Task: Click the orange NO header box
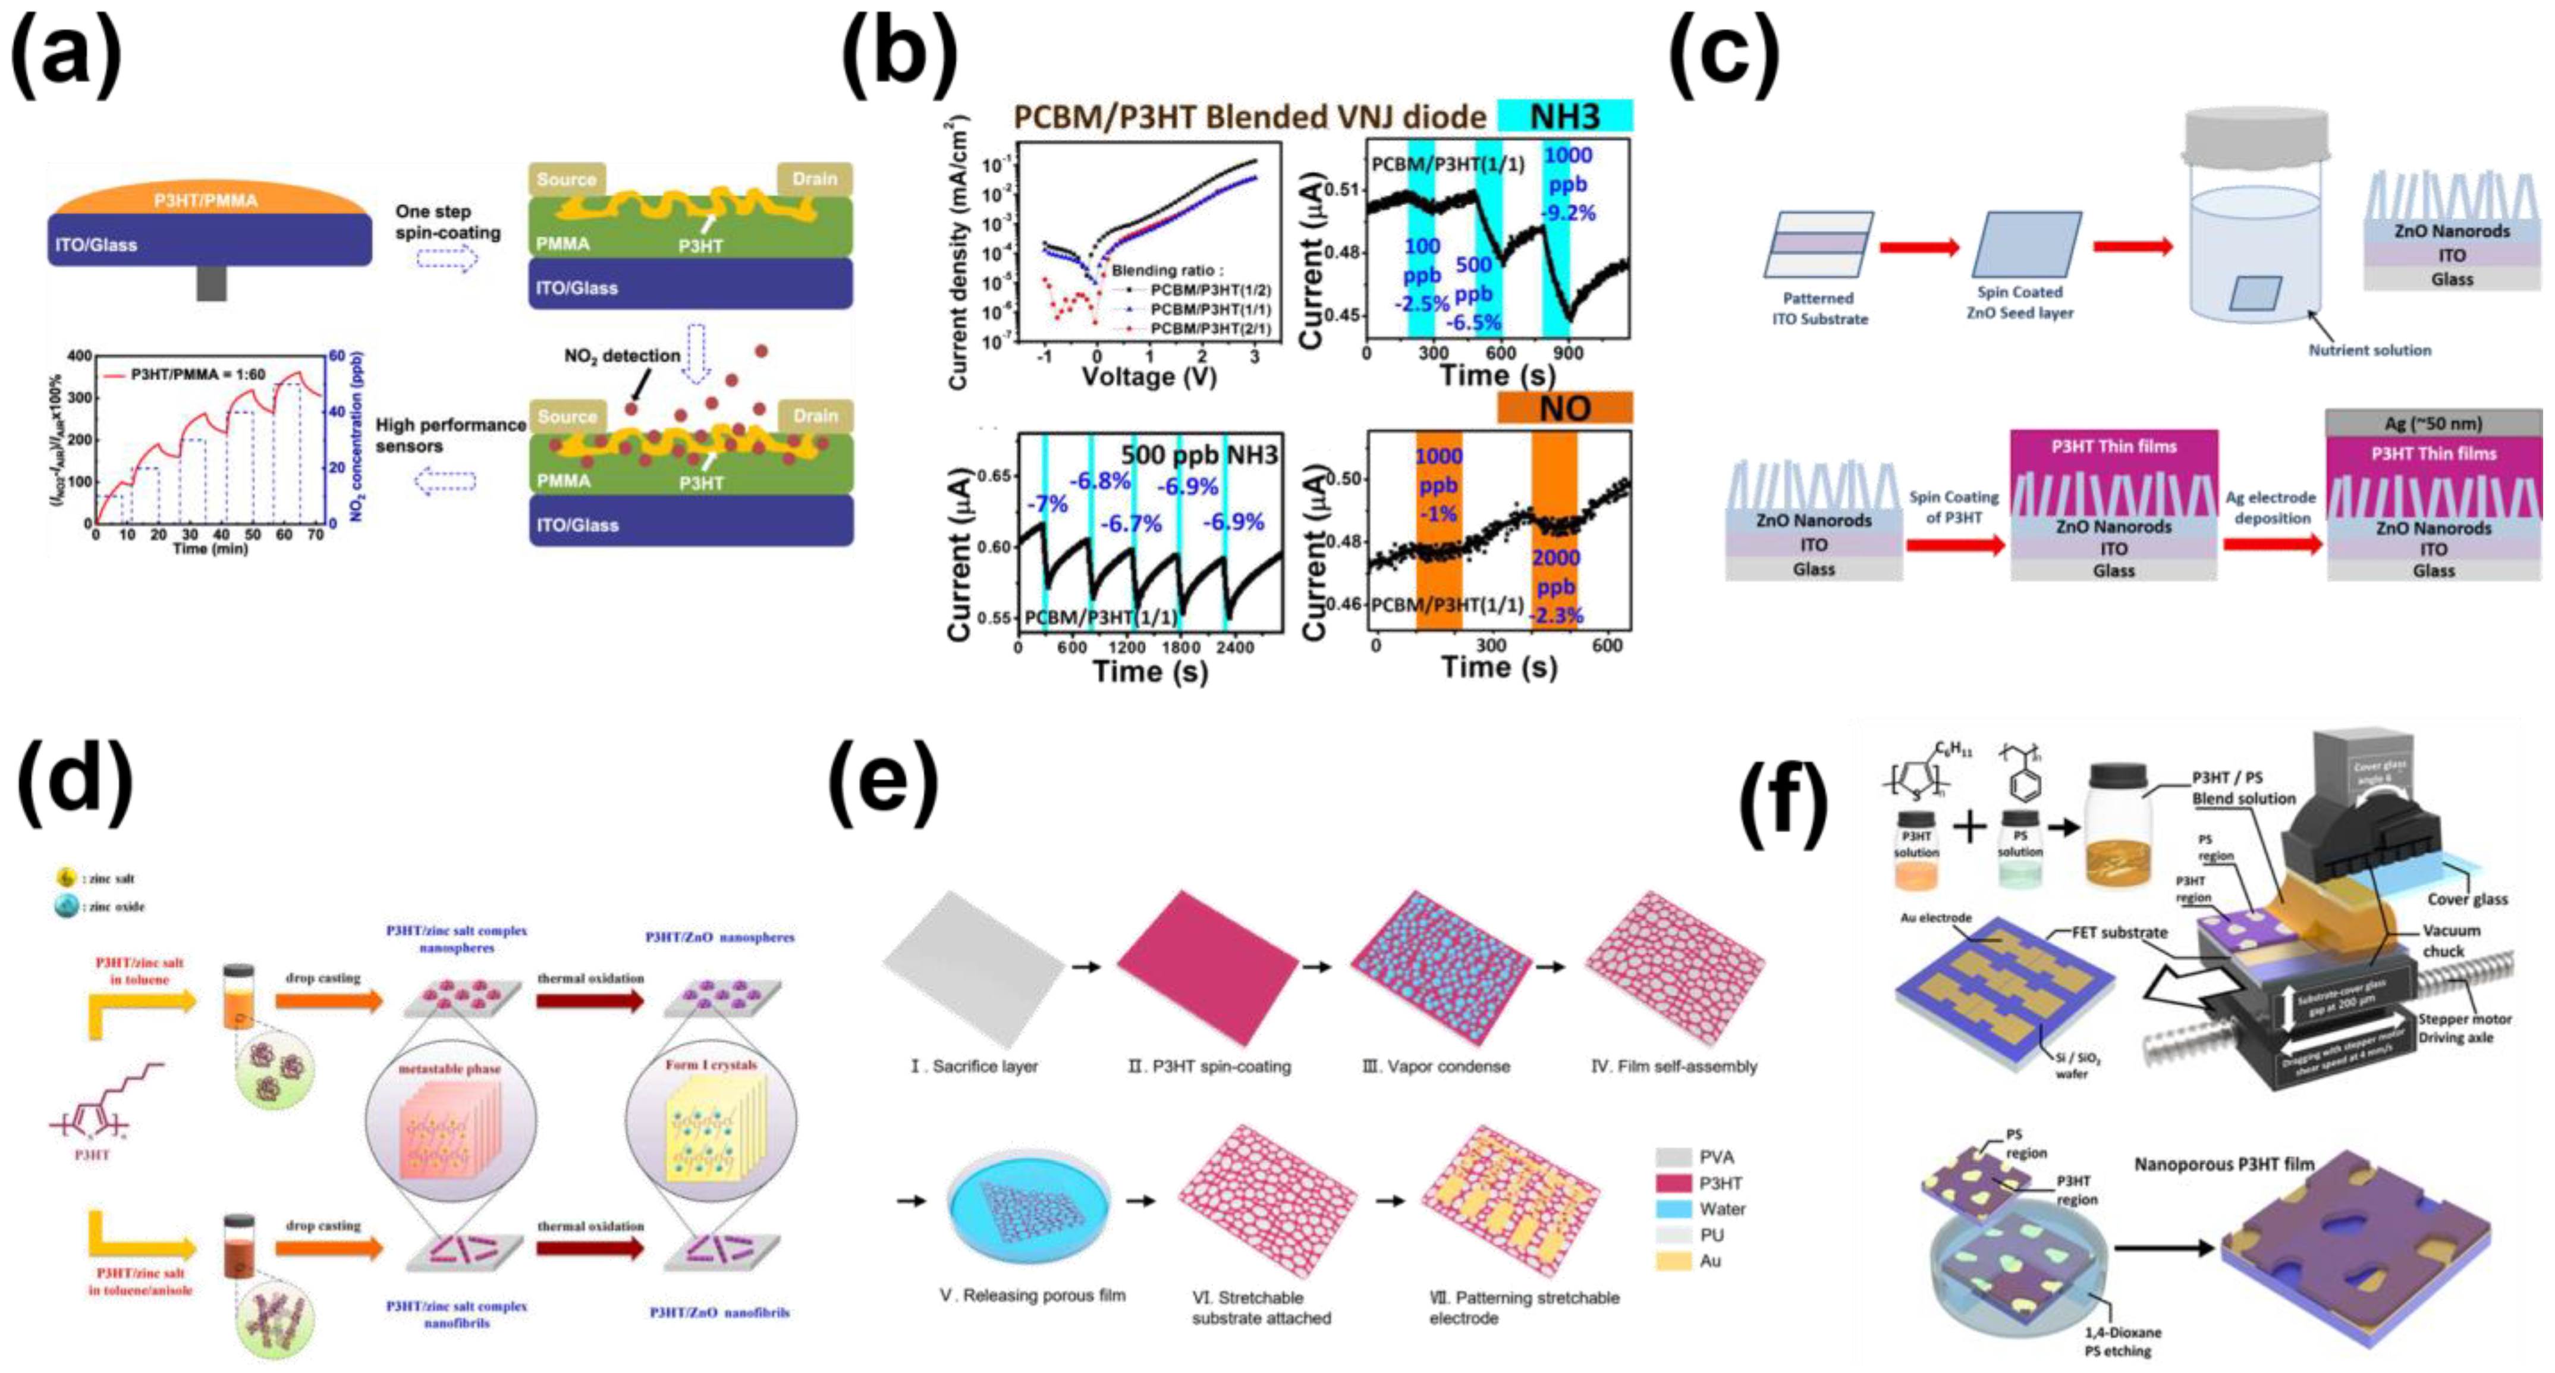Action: tap(1564, 407)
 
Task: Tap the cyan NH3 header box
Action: tap(1564, 116)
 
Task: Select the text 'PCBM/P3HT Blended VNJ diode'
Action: tap(1250, 117)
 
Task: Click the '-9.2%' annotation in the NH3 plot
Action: tap(1567, 212)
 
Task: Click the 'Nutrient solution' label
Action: tap(2369, 350)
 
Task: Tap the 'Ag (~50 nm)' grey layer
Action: tap(2433, 424)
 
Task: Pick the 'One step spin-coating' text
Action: tap(447, 222)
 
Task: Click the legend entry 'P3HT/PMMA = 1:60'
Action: tap(184, 374)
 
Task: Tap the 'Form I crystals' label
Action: tap(711, 1064)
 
